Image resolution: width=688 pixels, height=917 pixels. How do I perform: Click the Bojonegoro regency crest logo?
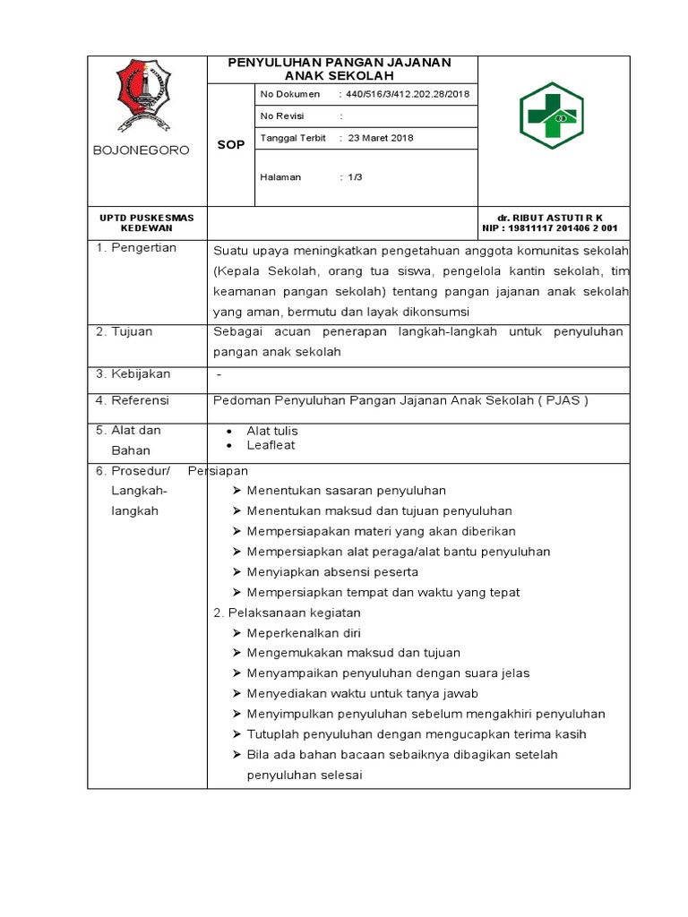pos(142,96)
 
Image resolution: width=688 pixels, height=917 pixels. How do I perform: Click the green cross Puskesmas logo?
pos(552,117)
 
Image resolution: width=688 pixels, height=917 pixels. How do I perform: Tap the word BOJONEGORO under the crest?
pos(142,150)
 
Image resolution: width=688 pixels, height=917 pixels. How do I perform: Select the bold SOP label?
pos(230,145)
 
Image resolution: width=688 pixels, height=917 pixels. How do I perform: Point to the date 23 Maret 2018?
pos(381,138)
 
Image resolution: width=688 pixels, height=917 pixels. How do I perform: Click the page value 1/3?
pos(356,177)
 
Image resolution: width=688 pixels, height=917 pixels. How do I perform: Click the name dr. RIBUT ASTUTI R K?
pos(551,218)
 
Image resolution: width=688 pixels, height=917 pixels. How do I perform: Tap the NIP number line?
pos(550,228)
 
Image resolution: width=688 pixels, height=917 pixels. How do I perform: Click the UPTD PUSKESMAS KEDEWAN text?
pos(146,223)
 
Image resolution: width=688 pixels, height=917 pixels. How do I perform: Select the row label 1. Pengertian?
pos(137,248)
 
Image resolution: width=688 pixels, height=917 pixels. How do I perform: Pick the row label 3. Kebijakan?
pos(133,373)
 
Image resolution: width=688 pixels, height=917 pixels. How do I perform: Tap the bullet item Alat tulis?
pos(272,431)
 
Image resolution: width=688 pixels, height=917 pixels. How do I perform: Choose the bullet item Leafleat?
pos(271,445)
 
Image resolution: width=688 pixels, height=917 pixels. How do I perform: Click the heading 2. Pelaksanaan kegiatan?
pos(287,613)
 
